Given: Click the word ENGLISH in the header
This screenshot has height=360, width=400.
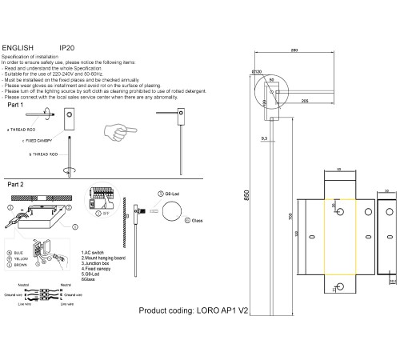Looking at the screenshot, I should [x=18, y=48].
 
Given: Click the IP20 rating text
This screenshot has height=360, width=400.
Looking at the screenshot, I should [x=67, y=48].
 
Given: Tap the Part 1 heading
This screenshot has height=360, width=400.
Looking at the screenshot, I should [x=16, y=106].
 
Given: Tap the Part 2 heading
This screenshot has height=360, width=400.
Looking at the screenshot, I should [x=16, y=183].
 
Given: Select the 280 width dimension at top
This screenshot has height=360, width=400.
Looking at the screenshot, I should [x=294, y=50].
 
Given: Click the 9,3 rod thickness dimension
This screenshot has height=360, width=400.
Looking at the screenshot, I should [x=263, y=138].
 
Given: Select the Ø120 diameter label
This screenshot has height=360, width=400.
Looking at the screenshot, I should [x=257, y=72].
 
